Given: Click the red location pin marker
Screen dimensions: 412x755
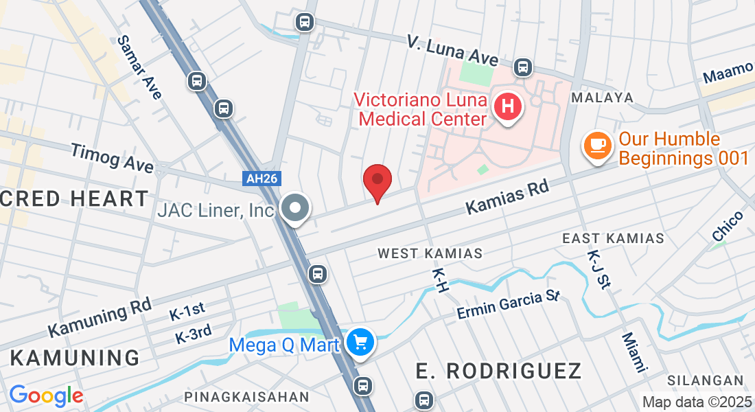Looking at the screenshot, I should click(377, 181).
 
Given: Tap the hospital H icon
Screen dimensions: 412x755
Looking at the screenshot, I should click(508, 107).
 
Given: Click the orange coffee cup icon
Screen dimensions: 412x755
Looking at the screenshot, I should click(597, 146).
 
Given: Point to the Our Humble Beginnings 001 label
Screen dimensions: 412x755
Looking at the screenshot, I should click(684, 148).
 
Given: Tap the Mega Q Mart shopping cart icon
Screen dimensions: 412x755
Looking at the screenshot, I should click(360, 342).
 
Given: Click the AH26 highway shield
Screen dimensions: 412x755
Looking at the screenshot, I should click(262, 179).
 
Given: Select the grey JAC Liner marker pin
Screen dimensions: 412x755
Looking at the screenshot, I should click(296, 208).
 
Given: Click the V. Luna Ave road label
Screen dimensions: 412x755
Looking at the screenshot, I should click(452, 49).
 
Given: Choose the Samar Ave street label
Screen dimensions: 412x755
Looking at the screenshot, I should click(139, 67).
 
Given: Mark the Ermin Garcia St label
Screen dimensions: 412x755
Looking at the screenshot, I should click(509, 305).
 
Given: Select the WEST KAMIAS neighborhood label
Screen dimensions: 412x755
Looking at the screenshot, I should click(430, 253).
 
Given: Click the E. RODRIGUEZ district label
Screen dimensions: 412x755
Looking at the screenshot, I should click(499, 371).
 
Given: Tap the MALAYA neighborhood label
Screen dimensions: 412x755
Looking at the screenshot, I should click(603, 98).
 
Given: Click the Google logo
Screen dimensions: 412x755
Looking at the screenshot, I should click(46, 396).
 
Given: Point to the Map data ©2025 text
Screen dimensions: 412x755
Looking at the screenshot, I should click(697, 402).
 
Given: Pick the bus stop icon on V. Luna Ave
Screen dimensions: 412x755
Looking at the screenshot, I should click(523, 67).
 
